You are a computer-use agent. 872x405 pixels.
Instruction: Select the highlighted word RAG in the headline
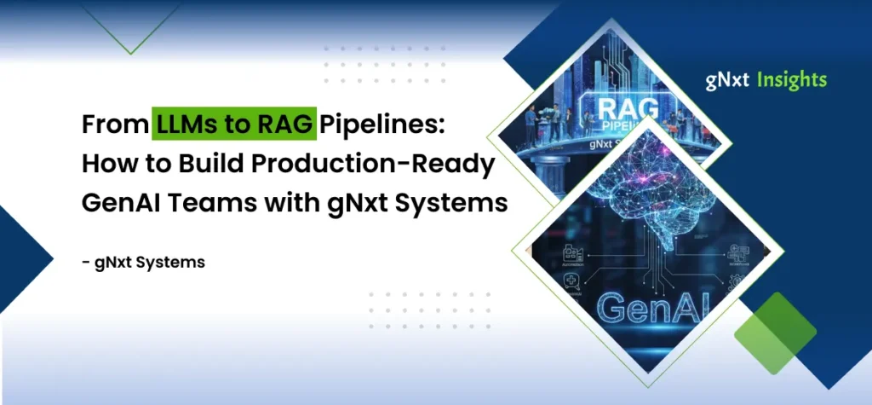283,125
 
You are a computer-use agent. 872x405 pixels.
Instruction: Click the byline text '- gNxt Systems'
143,263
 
